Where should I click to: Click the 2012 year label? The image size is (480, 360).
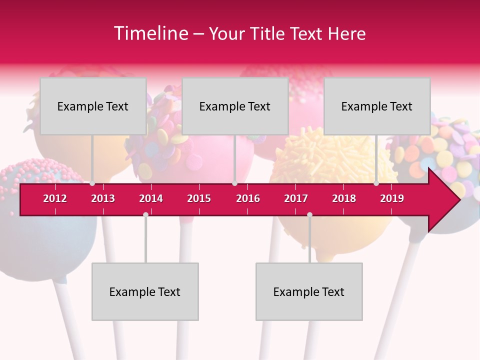tap(55, 198)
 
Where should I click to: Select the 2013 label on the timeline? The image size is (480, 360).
tap(103, 198)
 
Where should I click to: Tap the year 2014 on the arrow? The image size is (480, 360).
tap(151, 198)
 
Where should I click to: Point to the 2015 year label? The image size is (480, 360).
tap(199, 198)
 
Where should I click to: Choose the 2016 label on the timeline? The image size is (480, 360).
tap(248, 198)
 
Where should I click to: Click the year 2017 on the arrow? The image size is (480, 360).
tap(296, 198)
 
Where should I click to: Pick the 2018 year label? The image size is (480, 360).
tap(344, 198)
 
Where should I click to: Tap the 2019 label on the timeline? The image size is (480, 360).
tap(392, 198)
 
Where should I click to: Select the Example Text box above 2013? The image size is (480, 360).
tap(93, 106)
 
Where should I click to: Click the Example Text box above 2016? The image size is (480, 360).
tap(235, 106)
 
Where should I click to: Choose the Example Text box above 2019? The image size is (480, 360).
tap(377, 106)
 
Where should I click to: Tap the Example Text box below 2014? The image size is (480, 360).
tap(145, 291)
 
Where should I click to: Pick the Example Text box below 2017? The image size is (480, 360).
tap(309, 291)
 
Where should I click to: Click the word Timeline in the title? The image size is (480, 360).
tap(150, 33)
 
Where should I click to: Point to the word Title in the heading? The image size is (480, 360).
tap(270, 33)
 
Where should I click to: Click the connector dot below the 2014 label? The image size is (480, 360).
tap(145, 214)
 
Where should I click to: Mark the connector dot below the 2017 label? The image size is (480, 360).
tap(309, 214)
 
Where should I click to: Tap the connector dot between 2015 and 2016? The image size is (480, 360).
tap(234, 183)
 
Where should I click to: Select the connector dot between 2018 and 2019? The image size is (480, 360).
tap(376, 183)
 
